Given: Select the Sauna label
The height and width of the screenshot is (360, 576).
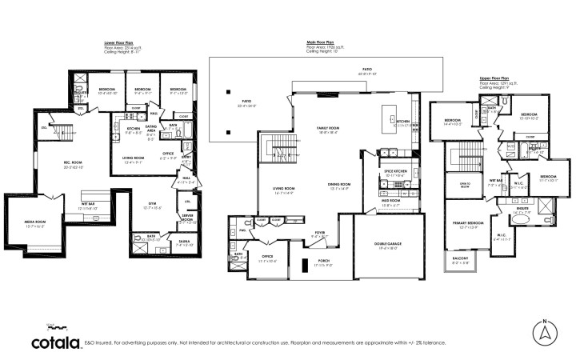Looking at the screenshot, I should [184, 242].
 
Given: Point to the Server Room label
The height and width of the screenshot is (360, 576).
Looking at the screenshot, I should [187, 218].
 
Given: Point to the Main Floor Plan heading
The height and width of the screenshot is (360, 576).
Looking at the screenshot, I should [319, 42].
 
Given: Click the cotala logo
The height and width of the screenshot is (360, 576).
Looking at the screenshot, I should [54, 341].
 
